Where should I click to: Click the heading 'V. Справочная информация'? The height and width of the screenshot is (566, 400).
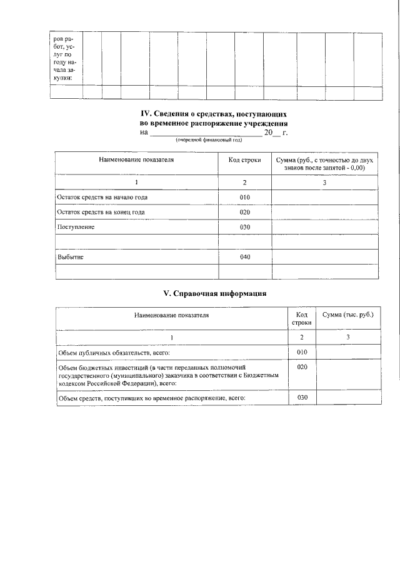point(215,293)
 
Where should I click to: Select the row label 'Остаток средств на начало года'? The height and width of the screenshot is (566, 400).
point(102,198)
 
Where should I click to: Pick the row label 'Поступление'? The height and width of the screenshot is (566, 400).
point(76,227)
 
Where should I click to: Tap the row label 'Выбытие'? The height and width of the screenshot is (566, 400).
point(70,257)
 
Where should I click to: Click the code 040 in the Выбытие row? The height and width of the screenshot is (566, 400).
point(245,257)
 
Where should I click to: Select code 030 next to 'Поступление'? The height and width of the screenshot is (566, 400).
point(245,227)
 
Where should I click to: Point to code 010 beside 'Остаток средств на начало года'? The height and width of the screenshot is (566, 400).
point(245,198)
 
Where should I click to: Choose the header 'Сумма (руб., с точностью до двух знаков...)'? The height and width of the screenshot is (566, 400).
point(324,164)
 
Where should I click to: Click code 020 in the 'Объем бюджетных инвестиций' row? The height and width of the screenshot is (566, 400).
point(302,367)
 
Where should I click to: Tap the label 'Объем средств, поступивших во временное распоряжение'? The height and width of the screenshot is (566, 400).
point(152,398)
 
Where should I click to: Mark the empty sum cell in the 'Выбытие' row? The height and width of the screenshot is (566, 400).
point(324,257)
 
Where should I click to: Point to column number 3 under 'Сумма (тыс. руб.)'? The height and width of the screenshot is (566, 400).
point(347,338)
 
